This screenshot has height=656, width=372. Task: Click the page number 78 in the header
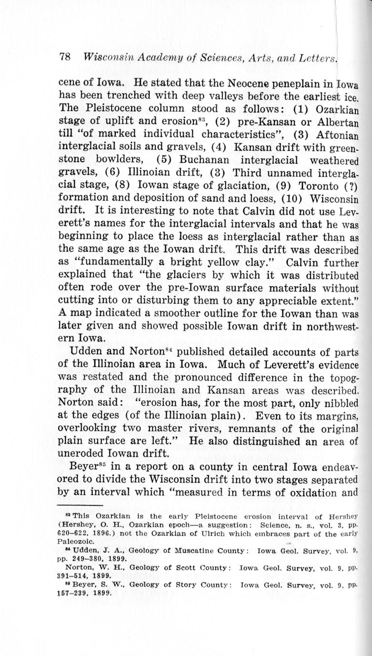65,57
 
